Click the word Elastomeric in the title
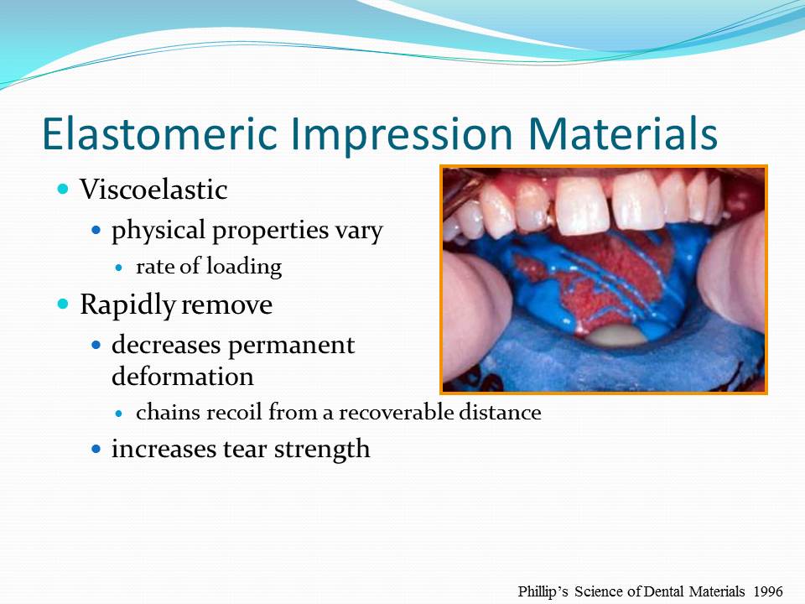(158, 133)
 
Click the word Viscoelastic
(153, 190)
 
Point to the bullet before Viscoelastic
(62, 190)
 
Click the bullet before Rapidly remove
(62, 305)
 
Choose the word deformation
(182, 377)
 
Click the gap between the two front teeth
(610, 201)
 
